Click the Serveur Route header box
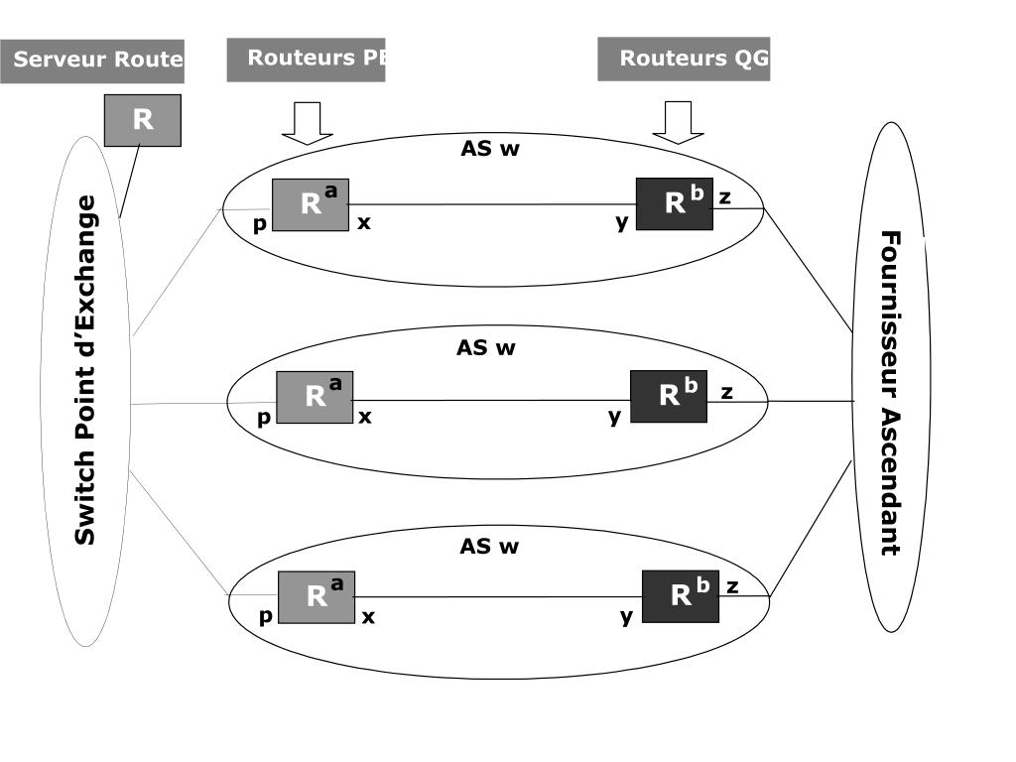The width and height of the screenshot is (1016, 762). (x=92, y=61)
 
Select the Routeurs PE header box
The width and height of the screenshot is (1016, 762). (x=306, y=59)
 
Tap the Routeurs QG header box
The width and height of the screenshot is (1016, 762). (x=684, y=59)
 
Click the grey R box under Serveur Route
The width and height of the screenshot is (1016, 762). (x=143, y=120)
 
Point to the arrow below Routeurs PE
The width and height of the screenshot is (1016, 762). (x=307, y=122)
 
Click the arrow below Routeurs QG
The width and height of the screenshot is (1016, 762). (x=678, y=122)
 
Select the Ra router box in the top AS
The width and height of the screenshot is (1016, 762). (x=311, y=204)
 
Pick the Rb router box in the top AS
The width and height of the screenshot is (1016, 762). (x=675, y=204)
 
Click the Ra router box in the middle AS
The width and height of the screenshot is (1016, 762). (x=315, y=397)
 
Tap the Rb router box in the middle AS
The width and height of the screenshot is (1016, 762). (x=669, y=396)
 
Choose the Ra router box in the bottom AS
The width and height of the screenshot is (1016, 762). (x=317, y=597)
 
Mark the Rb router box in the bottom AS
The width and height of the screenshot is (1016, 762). (x=681, y=596)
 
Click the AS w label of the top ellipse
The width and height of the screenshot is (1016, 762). (x=490, y=149)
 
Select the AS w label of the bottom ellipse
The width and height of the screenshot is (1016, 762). (x=489, y=547)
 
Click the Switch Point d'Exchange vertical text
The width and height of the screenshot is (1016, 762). (x=86, y=369)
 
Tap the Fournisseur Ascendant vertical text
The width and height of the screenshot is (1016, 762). (x=891, y=393)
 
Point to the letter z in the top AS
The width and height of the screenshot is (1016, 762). (x=725, y=197)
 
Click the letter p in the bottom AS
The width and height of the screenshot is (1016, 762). (x=265, y=617)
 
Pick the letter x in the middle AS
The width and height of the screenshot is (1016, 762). (x=365, y=417)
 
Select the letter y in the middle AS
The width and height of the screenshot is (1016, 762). (x=615, y=417)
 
